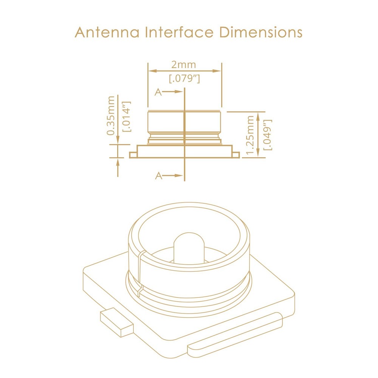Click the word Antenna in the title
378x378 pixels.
pos(107,32)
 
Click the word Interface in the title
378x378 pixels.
pos(179,32)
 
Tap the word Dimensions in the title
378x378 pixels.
pos(261,32)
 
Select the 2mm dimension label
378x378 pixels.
pos(184,65)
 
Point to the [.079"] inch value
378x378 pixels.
pos(184,79)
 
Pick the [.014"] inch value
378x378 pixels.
pos(127,116)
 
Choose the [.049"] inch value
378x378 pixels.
pos(268,135)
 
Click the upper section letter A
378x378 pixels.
pos(158,92)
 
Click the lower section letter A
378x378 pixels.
pos(159,176)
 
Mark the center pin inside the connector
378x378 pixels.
pos(189,248)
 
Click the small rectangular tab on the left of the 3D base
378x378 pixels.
pos(116,322)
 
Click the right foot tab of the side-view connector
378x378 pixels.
pos(236,155)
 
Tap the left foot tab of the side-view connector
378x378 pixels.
pos(133,155)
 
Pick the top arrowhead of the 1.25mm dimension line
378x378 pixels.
pos(258,117)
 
